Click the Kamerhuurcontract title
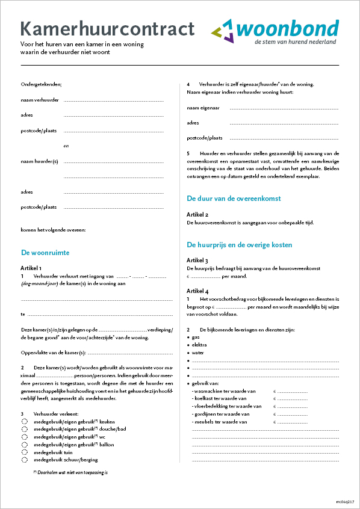click(108, 29)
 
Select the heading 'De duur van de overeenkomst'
click(234, 198)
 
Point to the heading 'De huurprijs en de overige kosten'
click(248, 245)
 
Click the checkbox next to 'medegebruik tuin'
click(25, 452)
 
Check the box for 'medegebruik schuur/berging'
click(25, 460)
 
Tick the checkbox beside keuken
click(25, 422)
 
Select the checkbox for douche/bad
click(25, 430)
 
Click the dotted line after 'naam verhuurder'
click(114, 100)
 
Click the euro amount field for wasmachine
click(292, 392)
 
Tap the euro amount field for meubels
click(292, 422)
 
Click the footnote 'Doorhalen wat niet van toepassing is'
click(73, 473)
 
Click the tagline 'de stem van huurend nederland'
click(295, 43)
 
